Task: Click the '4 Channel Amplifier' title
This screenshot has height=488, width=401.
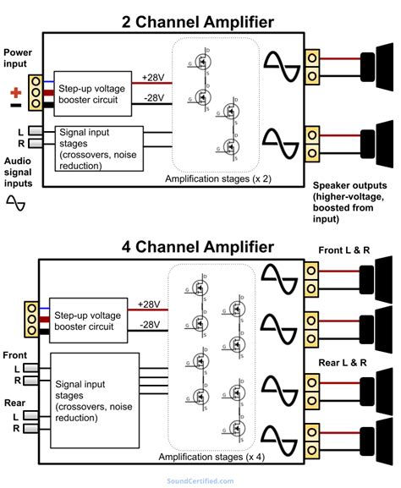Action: [198, 247]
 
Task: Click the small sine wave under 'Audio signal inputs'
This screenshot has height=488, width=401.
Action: [16, 202]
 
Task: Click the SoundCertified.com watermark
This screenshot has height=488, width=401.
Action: [200, 480]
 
